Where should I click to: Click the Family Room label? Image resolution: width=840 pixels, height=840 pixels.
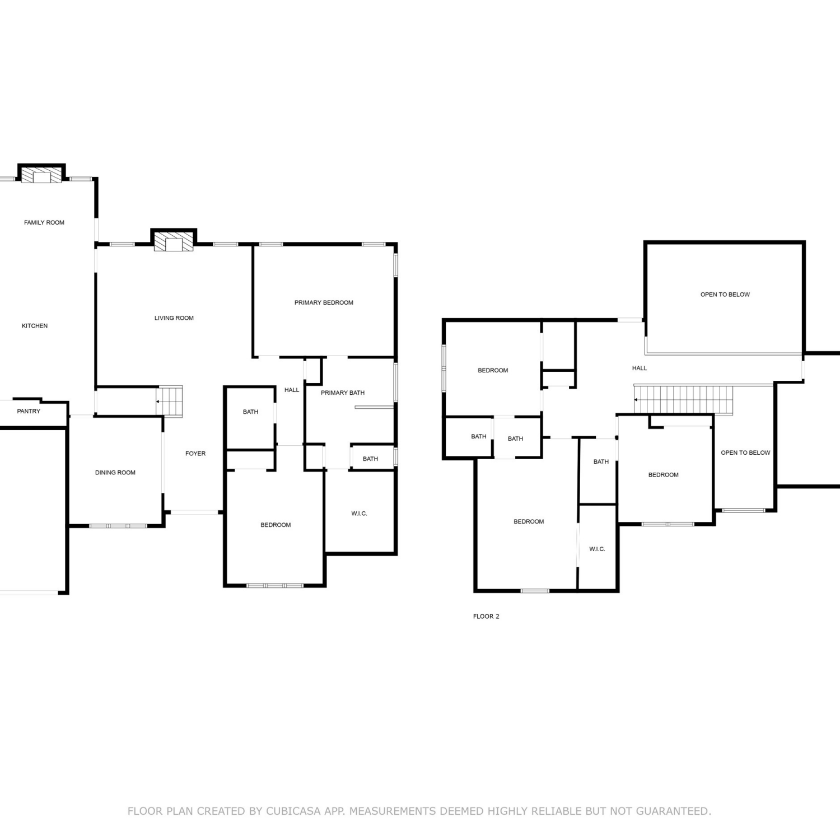[x=44, y=222]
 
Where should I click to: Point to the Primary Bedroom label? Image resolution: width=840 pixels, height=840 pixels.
[x=324, y=302]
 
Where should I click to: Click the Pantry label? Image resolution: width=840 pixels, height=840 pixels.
[x=29, y=411]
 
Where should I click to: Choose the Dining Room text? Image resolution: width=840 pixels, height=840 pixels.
[x=115, y=473]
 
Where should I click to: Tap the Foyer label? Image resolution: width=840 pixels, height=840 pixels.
[x=195, y=454]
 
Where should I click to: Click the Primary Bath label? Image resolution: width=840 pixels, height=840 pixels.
[x=343, y=393]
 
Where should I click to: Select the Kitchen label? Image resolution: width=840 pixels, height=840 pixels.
[x=35, y=326]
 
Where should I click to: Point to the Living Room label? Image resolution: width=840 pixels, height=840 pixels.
[x=174, y=318]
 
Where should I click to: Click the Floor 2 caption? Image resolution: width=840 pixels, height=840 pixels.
[x=486, y=617]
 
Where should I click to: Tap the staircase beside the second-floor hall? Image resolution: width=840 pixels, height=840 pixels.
[x=683, y=399]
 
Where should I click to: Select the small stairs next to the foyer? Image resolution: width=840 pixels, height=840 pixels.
[x=169, y=401]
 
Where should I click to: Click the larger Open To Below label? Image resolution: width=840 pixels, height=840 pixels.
[x=725, y=295]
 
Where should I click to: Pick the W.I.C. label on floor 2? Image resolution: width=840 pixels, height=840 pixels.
[x=597, y=549]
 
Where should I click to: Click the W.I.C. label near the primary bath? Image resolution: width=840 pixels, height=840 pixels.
[x=360, y=514]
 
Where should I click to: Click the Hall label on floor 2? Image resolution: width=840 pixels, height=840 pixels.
[x=640, y=368]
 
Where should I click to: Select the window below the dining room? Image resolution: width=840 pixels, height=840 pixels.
[x=118, y=526]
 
